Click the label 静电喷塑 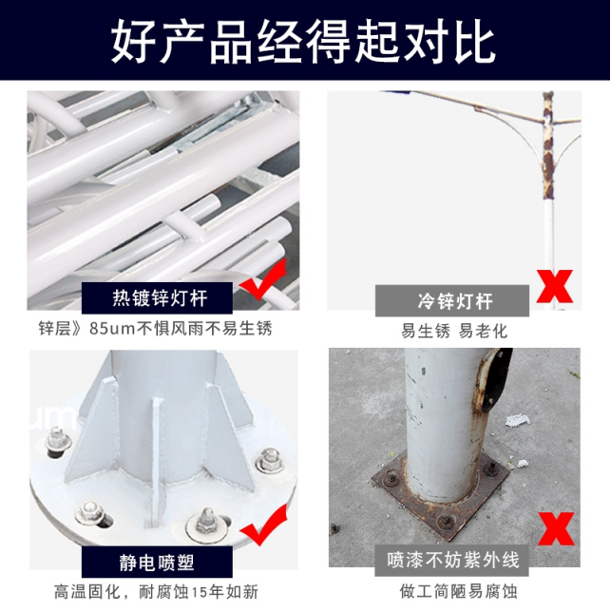[x=157, y=563]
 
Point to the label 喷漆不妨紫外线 [x=453, y=560]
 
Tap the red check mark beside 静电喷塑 [x=264, y=525]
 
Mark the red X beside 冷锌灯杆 [x=555, y=286]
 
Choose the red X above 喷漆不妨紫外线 [x=556, y=528]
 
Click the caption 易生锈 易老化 [x=454, y=332]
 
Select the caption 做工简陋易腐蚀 [x=458, y=591]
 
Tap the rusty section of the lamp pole [x=548, y=148]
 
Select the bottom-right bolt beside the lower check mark [x=206, y=525]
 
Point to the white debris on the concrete [x=518, y=421]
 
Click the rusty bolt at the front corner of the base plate [x=446, y=521]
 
